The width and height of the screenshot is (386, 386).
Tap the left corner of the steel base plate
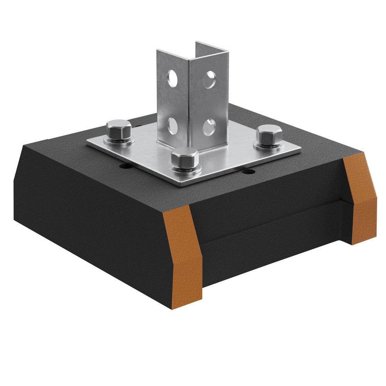tap(88, 144)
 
